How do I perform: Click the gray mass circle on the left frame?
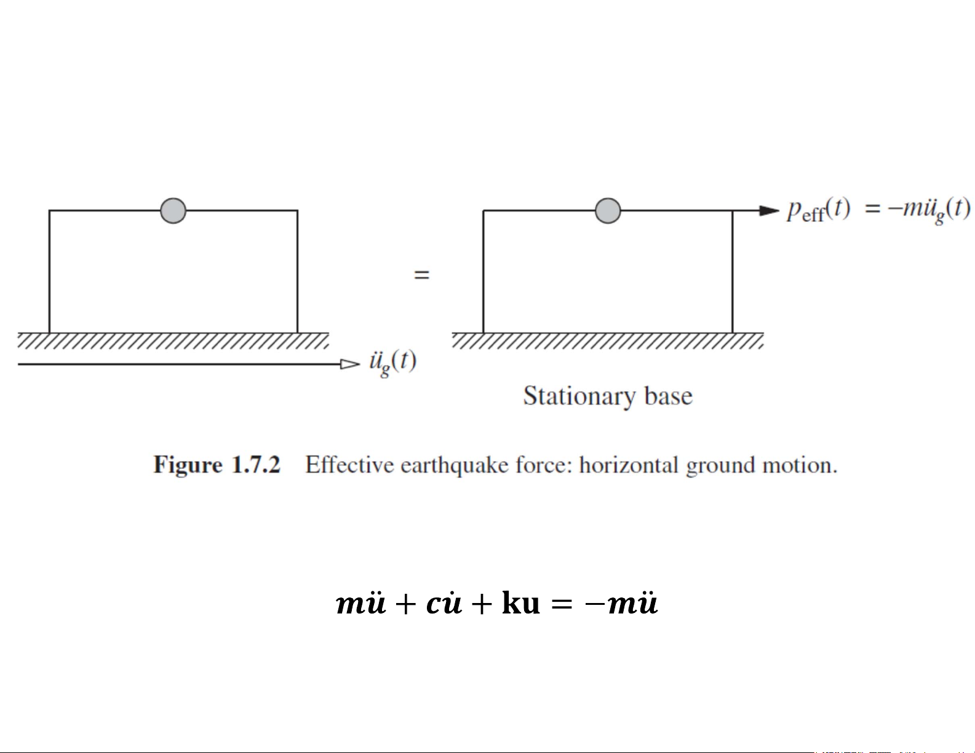coord(173,211)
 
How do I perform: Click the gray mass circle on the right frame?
coord(608,211)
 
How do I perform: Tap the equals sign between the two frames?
coord(421,275)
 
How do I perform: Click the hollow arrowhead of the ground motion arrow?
coord(350,364)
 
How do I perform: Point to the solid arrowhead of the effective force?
coord(769,211)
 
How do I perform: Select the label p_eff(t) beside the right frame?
coord(818,210)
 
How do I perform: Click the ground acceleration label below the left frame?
coord(392,362)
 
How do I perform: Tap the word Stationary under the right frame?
coord(578,396)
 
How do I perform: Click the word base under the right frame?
coord(668,396)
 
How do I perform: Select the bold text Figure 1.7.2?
coord(217,465)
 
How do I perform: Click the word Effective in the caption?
coord(349,465)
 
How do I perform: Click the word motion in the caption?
coord(799,465)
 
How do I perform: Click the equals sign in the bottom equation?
coord(562,604)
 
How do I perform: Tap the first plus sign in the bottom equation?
coord(405,604)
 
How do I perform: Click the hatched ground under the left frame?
coord(173,341)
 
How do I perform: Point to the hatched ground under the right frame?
coord(608,341)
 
